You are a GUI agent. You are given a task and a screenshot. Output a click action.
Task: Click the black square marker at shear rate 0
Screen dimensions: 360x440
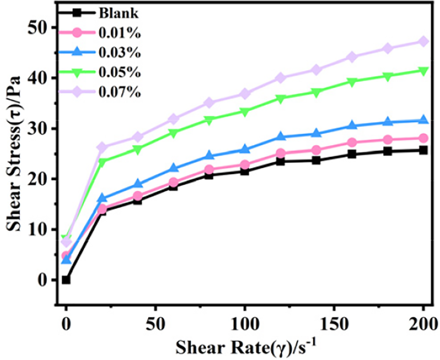66,280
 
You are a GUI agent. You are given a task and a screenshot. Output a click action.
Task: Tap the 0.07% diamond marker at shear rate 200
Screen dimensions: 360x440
423,41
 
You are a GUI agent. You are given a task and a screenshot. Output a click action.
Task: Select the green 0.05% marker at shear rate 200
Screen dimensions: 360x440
423,71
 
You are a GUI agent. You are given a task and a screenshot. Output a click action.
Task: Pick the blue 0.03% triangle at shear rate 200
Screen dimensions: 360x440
423,120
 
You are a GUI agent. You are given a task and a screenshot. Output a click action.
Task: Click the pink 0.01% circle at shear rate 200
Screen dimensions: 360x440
423,138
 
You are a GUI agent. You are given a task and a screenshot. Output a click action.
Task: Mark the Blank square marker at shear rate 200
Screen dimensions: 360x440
423,150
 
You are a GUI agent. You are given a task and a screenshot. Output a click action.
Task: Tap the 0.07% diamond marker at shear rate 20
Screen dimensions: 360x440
102,147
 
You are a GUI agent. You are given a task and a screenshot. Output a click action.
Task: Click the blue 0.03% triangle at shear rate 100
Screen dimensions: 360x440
245,149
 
